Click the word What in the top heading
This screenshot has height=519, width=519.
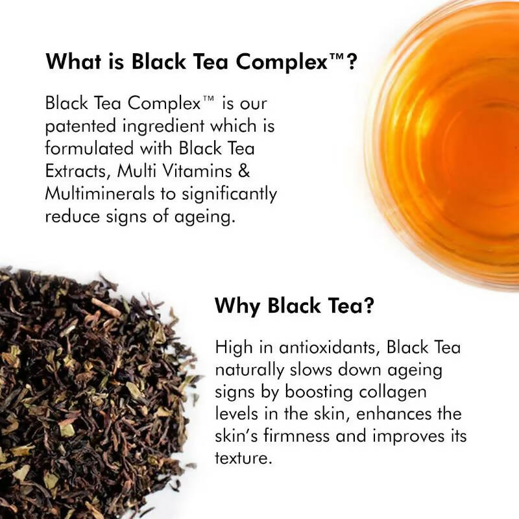[x=73, y=61]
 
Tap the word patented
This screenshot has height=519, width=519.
[x=81, y=127]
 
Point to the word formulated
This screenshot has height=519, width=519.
[x=90, y=148]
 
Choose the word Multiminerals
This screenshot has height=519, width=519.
[x=100, y=193]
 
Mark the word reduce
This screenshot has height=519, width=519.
[x=73, y=217]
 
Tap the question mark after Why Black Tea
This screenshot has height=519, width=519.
[x=368, y=306]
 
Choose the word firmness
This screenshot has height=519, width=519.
[x=296, y=436]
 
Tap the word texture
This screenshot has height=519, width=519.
[x=244, y=459]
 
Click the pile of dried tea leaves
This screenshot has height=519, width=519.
[x=93, y=397]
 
